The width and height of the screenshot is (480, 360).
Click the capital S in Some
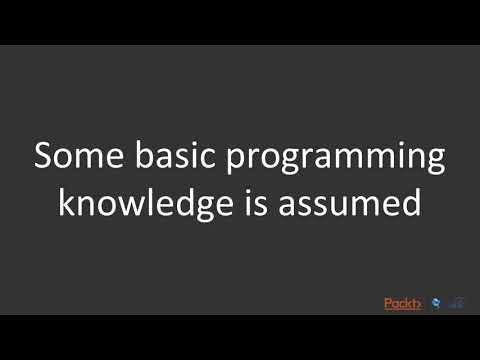tap(45, 158)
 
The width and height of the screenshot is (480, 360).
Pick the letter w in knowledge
tap(126, 206)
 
